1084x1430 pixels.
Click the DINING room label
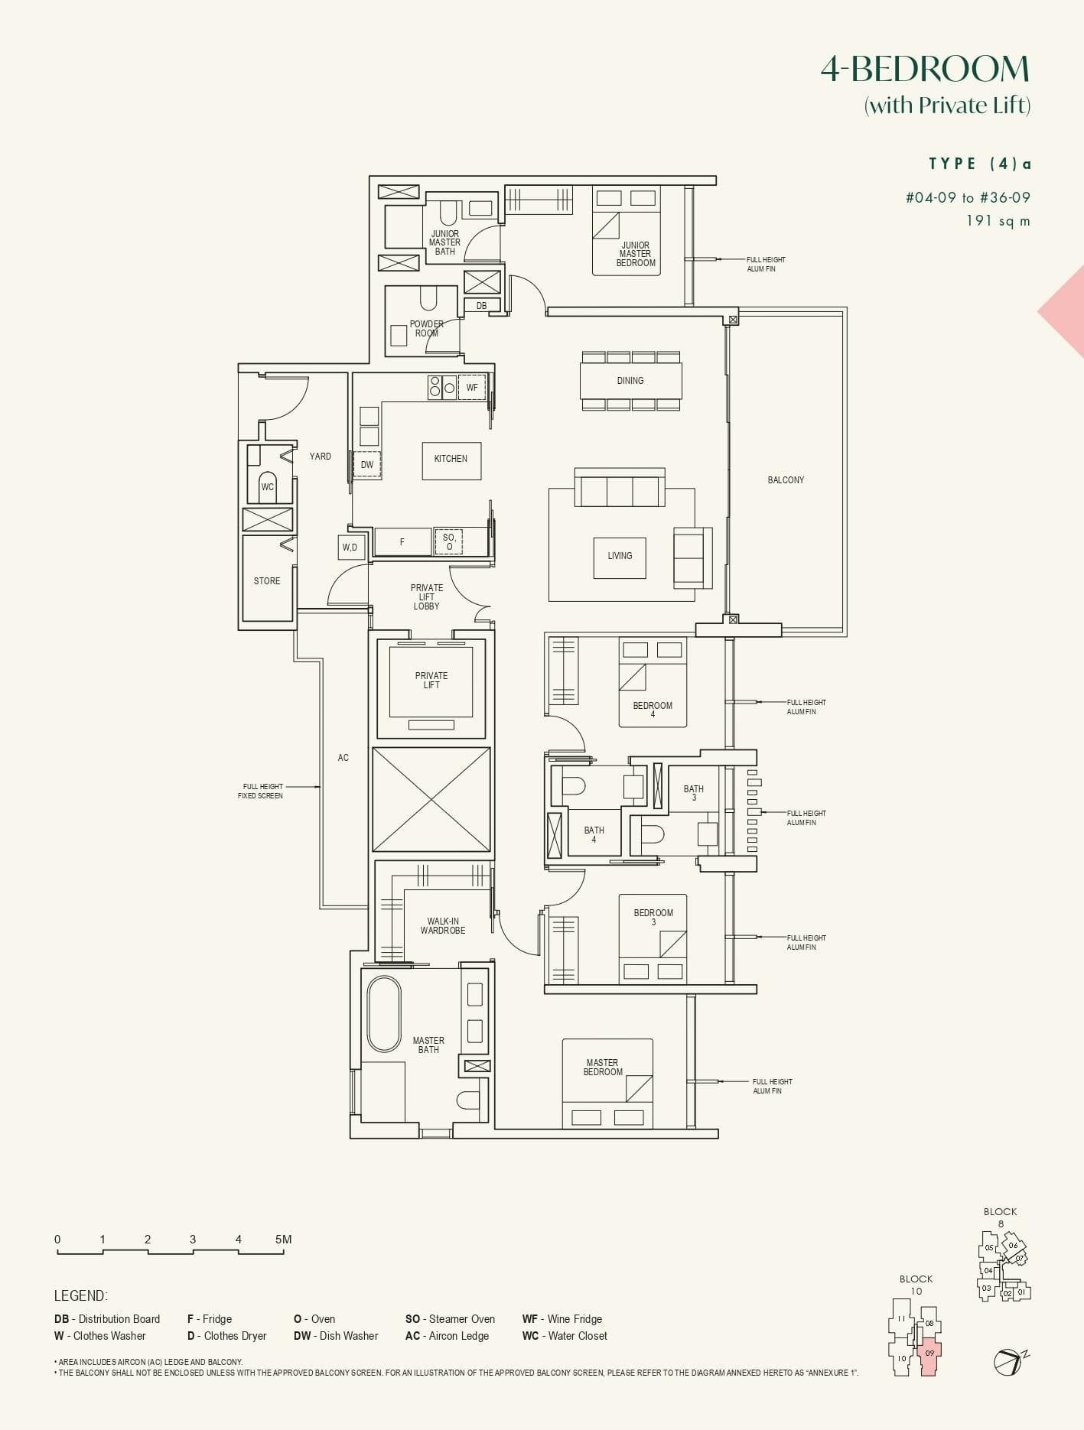tap(630, 380)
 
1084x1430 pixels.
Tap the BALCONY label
tap(786, 480)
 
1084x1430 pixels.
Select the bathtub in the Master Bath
tap(384, 1014)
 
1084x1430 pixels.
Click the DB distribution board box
tap(481, 305)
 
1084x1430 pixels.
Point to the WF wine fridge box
tap(472, 387)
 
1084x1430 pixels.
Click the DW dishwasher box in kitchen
tap(367, 465)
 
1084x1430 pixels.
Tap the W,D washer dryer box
tap(350, 547)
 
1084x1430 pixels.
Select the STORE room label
tap(267, 581)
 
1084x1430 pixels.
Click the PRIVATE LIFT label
tap(431, 681)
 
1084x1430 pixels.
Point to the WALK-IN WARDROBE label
tap(443, 926)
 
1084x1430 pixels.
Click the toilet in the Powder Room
tap(428, 298)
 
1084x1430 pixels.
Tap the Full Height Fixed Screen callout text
tap(261, 791)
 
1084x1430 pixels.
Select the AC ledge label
tap(343, 758)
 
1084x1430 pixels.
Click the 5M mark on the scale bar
tap(283, 1240)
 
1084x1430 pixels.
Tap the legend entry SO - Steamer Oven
tap(450, 1319)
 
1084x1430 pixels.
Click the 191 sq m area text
tap(998, 221)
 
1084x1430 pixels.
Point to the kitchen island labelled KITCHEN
tap(451, 460)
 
